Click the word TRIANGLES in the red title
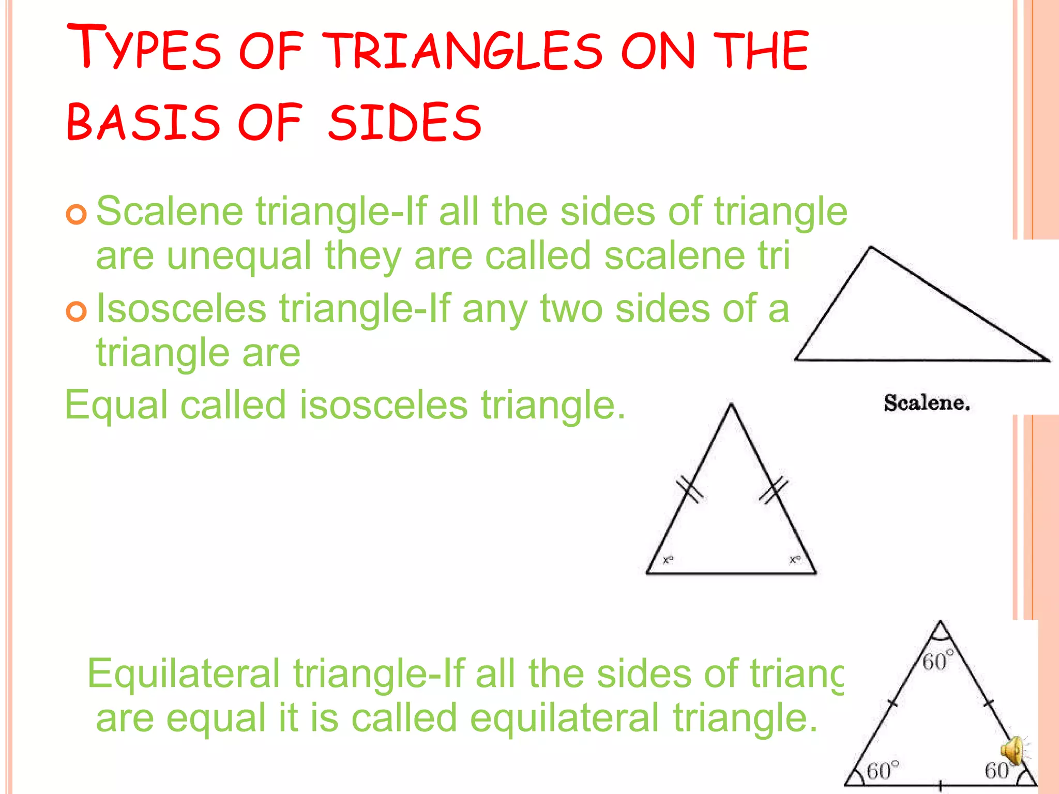pos(465,50)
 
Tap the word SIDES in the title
pos(405,123)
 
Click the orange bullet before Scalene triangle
pos(77,214)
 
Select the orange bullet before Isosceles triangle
pos(77,311)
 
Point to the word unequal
pos(239,256)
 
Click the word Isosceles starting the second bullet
pos(181,308)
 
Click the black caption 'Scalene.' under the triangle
pos(927,403)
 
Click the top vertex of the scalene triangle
pos(871,248)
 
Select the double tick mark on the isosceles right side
pos(774,489)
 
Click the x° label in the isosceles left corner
pos(668,560)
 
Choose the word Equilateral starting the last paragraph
pos(184,673)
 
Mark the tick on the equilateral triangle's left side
pos(892,703)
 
